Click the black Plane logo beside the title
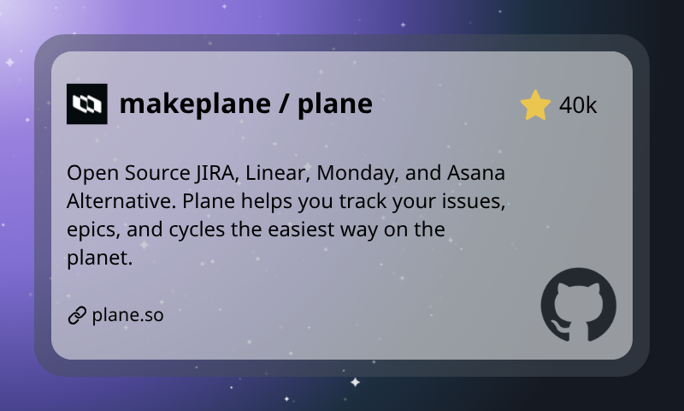coord(86,104)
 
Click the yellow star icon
coord(535,104)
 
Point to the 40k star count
coord(578,105)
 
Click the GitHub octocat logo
coord(579,305)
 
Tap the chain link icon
coord(77,315)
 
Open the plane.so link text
coord(127,315)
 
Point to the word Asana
coord(477,173)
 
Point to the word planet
coord(97,258)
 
